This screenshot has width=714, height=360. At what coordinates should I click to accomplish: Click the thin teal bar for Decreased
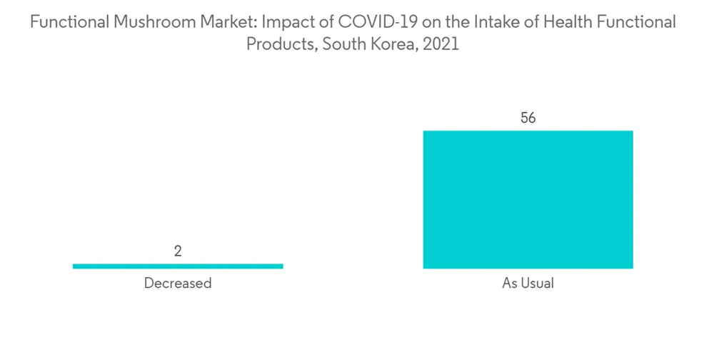pos(178,266)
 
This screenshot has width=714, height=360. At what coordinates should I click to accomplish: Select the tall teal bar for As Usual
pos(528,199)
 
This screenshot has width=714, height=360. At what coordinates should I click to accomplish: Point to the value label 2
pos(178,251)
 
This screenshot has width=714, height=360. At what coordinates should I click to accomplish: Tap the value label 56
pos(528,118)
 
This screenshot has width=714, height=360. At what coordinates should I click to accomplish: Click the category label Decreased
pos(178,284)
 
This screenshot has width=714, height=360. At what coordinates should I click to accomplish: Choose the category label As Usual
pos(528,284)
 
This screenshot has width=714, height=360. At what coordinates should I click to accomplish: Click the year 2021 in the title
pos(440,44)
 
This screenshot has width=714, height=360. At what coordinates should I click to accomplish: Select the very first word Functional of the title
pos(70,23)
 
